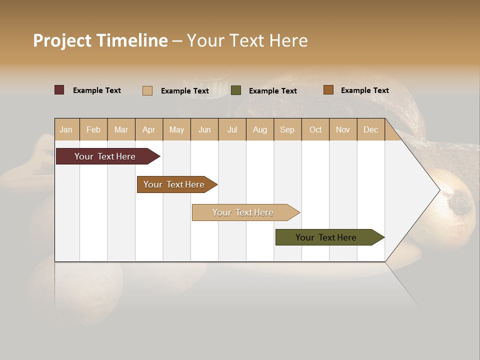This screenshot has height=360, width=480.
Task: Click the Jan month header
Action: [x=66, y=129]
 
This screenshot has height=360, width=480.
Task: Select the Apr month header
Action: [x=148, y=129]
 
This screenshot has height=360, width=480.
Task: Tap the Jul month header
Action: [x=232, y=129]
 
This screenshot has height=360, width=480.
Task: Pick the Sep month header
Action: [x=287, y=129]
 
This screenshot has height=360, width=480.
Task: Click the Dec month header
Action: [x=370, y=129]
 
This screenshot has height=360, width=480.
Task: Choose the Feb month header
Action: [x=93, y=129]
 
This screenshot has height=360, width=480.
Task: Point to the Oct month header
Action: [x=315, y=129]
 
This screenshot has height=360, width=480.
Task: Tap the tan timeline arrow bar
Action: [x=243, y=212]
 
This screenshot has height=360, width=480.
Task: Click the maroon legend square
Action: [x=59, y=90]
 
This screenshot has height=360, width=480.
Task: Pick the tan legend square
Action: [x=147, y=90]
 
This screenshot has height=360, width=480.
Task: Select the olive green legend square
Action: [x=236, y=90]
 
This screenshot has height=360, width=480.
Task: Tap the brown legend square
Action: [x=328, y=90]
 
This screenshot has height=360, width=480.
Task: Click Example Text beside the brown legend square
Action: [x=364, y=90]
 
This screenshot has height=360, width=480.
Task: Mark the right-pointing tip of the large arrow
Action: [x=438, y=190]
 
